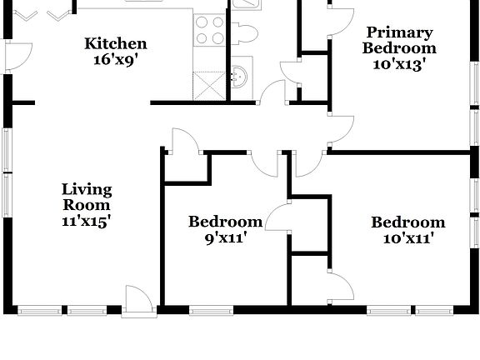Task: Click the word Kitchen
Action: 117,44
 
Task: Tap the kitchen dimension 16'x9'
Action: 117,59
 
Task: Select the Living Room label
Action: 87,197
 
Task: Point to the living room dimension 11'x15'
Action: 87,221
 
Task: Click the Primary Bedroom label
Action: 399,40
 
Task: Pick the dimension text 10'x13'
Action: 399,63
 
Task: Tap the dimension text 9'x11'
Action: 225,237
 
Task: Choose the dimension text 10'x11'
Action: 407,237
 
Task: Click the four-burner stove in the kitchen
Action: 209,30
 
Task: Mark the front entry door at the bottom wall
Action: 137,302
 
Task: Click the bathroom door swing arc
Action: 272,92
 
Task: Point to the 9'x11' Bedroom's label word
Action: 225,222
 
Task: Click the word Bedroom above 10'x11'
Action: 407,222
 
